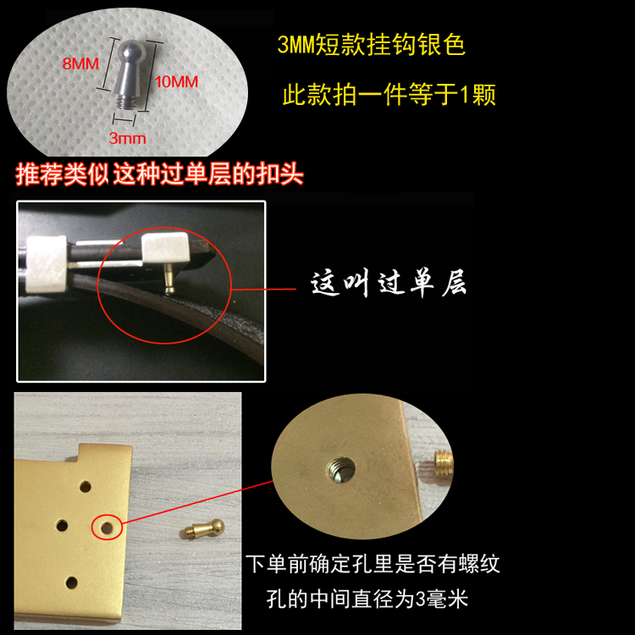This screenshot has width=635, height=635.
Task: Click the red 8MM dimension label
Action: pyautogui.click(x=80, y=63)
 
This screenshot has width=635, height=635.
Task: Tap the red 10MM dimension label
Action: pyautogui.click(x=176, y=82)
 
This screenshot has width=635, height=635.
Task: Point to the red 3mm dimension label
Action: pyautogui.click(x=127, y=139)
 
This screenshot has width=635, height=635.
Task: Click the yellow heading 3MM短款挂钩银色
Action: pyautogui.click(x=371, y=44)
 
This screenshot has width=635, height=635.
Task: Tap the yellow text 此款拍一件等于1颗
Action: pyautogui.click(x=389, y=94)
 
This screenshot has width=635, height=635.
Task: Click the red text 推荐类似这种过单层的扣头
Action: pyautogui.click(x=159, y=174)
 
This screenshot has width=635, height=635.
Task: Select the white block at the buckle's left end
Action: pyautogui.click(x=46, y=263)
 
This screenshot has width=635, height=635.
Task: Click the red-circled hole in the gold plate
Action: pyautogui.click(x=107, y=527)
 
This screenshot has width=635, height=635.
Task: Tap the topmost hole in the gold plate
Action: pyautogui.click(x=85, y=486)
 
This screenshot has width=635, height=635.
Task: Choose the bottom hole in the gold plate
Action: pyautogui.click(x=71, y=583)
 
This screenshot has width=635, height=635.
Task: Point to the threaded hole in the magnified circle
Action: pyautogui.click(x=340, y=470)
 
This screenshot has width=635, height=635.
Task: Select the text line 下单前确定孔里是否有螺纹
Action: pyautogui.click(x=373, y=564)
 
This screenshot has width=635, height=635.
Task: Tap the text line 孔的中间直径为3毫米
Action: pyautogui.click(x=367, y=599)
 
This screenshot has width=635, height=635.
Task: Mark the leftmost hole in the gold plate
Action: pyautogui.click(x=62, y=526)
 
